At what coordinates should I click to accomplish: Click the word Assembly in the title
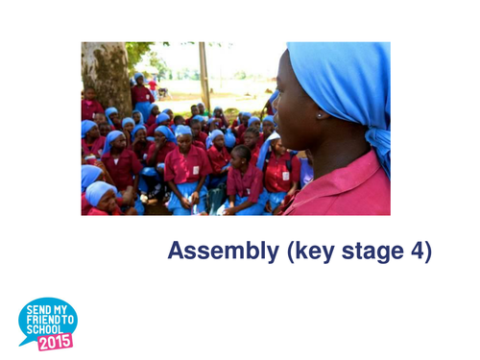pyautogui.click(x=215, y=252)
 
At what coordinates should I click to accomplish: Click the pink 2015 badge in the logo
pyautogui.click(x=55, y=341)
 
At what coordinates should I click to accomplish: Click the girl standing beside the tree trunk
pyautogui.click(x=141, y=92)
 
